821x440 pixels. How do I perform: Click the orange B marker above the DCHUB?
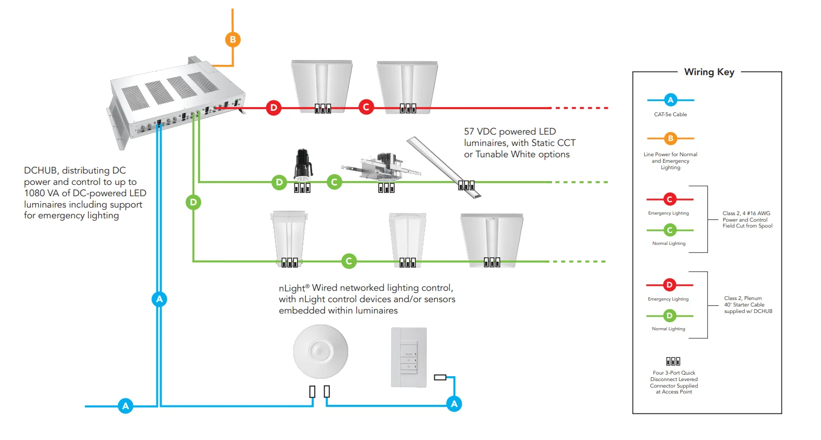(233, 39)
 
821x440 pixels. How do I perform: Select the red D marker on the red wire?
(274, 108)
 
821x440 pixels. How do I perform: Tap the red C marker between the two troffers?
(366, 107)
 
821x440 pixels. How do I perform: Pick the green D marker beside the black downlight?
(279, 182)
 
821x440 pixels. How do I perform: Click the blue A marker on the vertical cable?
(159, 299)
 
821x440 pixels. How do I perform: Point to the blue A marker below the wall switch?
(454, 403)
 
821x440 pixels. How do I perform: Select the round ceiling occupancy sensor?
(320, 352)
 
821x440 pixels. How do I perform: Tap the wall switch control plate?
(409, 357)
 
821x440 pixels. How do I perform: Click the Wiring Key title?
(709, 72)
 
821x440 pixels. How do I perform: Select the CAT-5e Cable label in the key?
(670, 115)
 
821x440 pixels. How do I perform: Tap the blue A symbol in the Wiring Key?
(670, 100)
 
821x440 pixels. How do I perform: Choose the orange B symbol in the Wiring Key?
(670, 138)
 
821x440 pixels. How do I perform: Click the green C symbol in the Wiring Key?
(670, 230)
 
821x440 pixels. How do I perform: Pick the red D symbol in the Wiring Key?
(670, 285)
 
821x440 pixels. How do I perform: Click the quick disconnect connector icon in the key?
(673, 361)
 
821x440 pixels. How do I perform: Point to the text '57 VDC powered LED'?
(509, 131)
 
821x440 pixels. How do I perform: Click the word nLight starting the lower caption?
(292, 288)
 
